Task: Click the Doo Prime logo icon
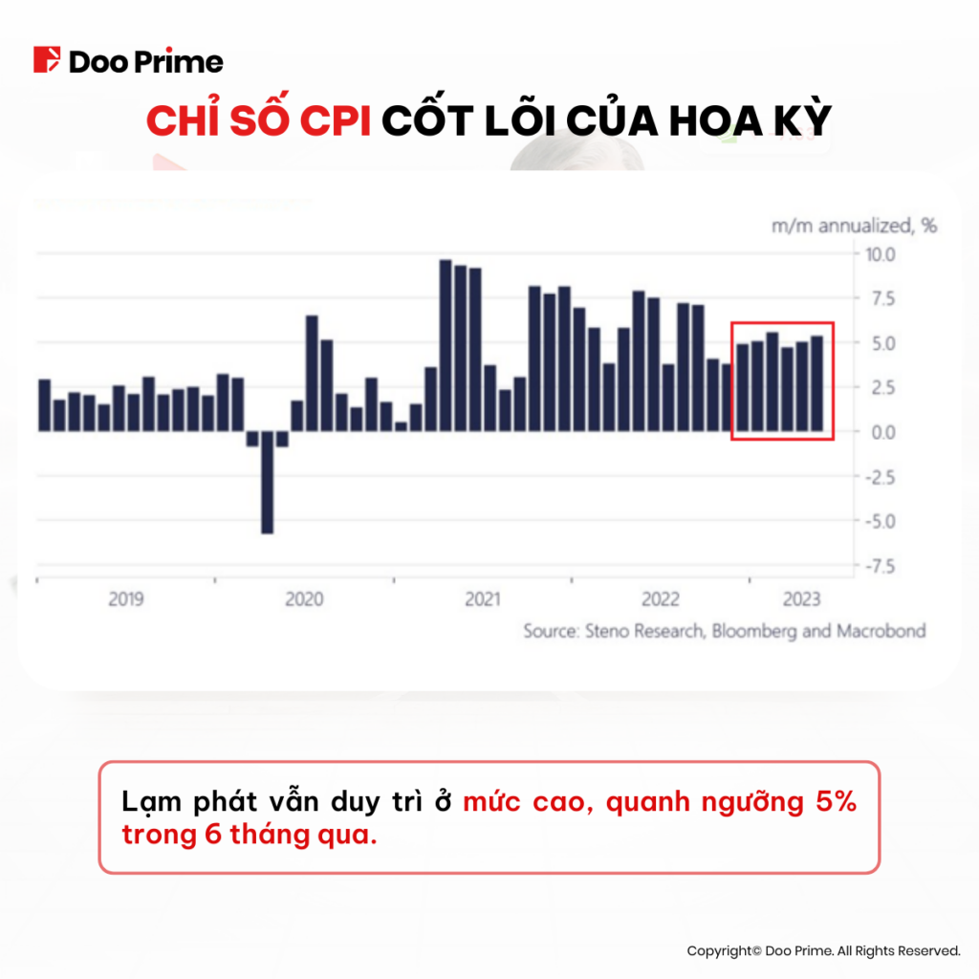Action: (47, 60)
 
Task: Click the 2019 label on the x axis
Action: (126, 599)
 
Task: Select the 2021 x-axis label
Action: (482, 599)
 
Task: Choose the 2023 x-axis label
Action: (801, 599)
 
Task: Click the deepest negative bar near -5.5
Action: (268, 482)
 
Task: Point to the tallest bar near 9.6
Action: (446, 344)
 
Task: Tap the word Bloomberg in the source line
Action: (750, 631)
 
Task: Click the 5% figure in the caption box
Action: (836, 801)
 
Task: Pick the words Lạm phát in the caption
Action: (167, 801)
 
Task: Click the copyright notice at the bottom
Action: (823, 950)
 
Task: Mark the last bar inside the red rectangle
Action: (816, 382)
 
